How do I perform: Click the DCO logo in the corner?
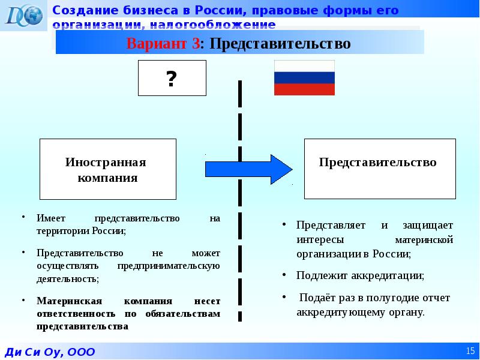click(x=24, y=15)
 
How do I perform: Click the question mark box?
click(x=172, y=78)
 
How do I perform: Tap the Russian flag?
click(x=304, y=78)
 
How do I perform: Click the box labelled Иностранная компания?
click(x=108, y=169)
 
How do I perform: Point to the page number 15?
click(x=469, y=350)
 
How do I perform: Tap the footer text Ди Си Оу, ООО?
click(x=51, y=352)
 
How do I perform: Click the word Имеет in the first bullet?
click(x=47, y=219)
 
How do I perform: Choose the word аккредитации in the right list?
click(x=392, y=275)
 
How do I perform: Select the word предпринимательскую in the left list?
click(x=169, y=266)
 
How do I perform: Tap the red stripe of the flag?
click(x=304, y=89)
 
